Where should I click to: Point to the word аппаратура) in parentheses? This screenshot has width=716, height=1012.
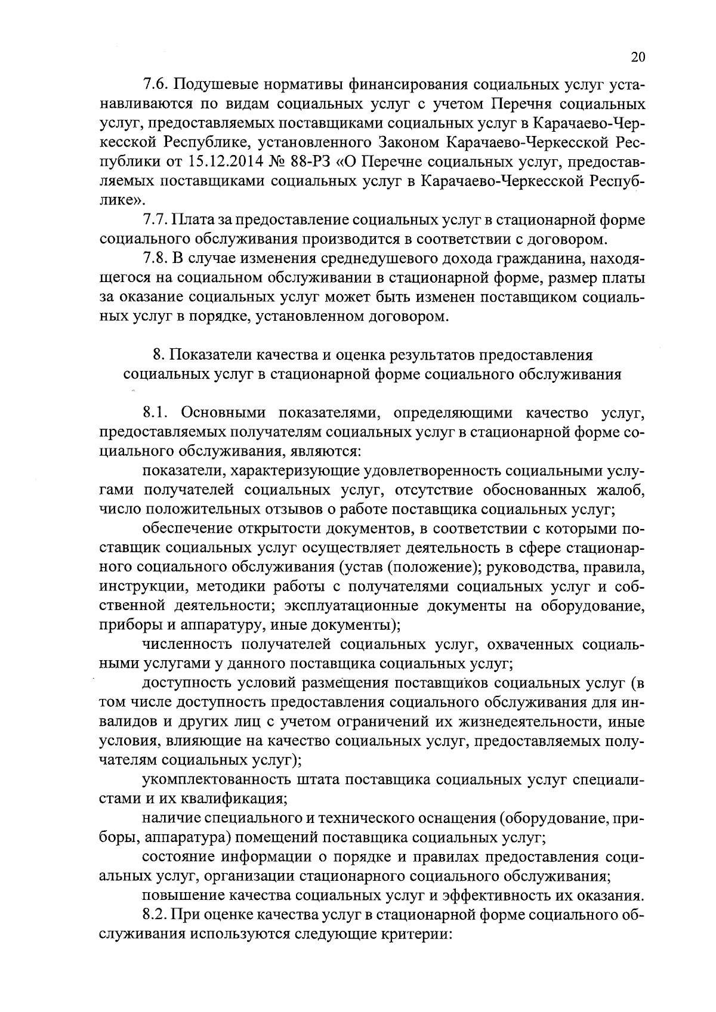click(186, 838)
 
